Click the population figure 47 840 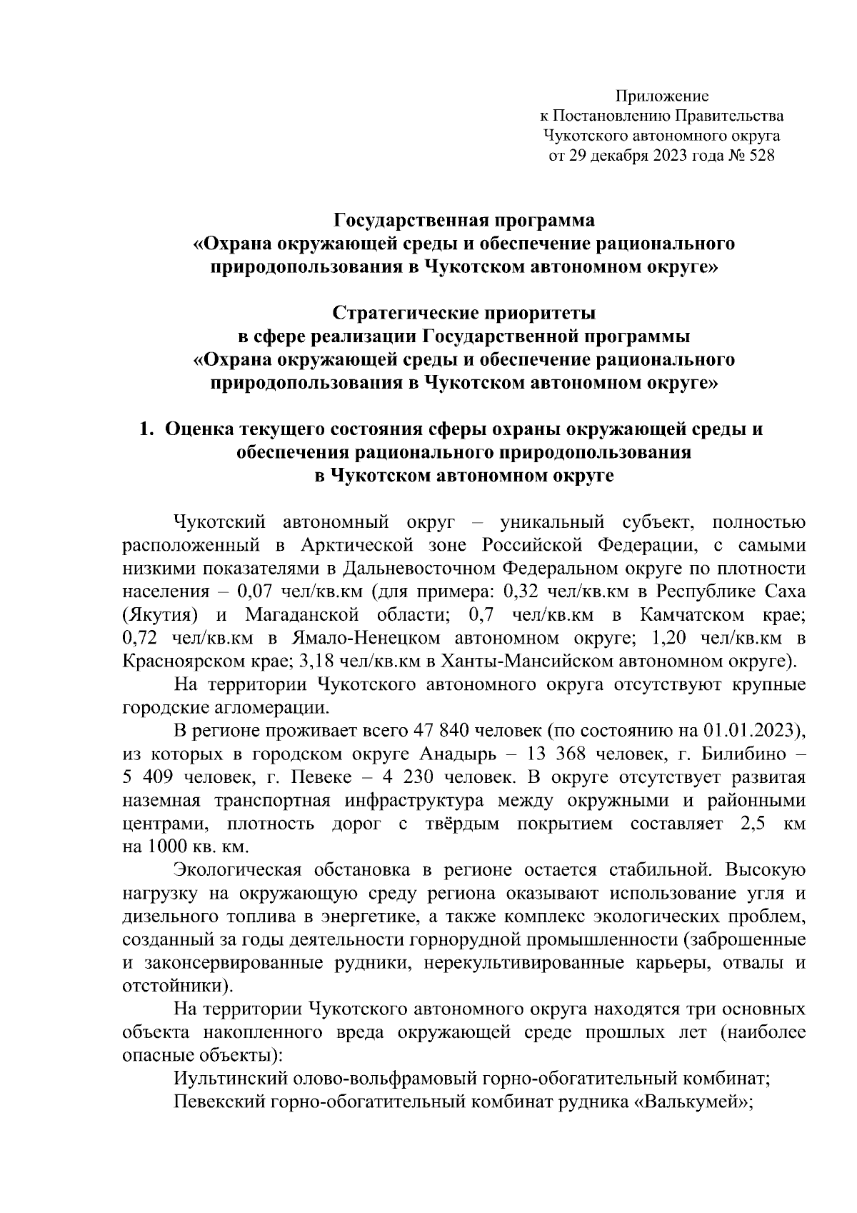point(437,731)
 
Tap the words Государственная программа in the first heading point(463,220)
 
